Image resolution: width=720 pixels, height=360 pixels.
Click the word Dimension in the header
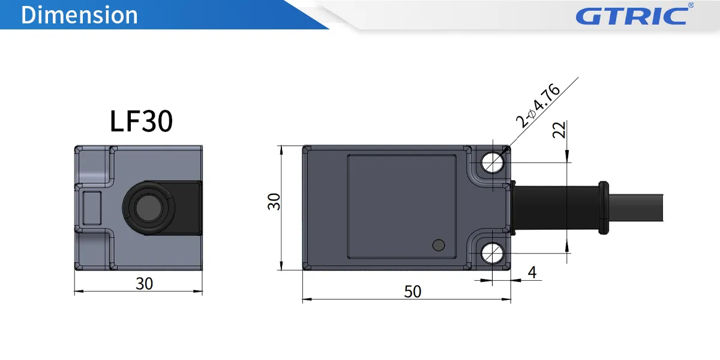click(79, 15)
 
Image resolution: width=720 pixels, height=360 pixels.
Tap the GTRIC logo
click(631, 16)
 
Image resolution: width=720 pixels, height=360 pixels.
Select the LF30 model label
click(142, 121)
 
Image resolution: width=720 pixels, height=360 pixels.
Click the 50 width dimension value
click(413, 292)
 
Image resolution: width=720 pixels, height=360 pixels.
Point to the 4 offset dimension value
click(532, 272)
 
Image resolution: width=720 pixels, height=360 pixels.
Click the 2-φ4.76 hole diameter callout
click(539, 106)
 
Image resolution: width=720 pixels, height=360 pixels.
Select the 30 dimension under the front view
click(144, 283)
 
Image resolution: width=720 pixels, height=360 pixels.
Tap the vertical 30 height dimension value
click(274, 202)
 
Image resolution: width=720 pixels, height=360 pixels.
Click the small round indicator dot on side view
click(439, 245)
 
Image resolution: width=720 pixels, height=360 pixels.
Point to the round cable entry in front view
click(147, 208)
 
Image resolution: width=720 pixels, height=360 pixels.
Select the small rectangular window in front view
click(93, 207)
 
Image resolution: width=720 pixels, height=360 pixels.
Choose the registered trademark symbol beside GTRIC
click(691, 5)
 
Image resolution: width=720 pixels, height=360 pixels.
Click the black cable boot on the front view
click(188, 208)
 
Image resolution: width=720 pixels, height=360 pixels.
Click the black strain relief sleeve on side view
click(555, 208)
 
